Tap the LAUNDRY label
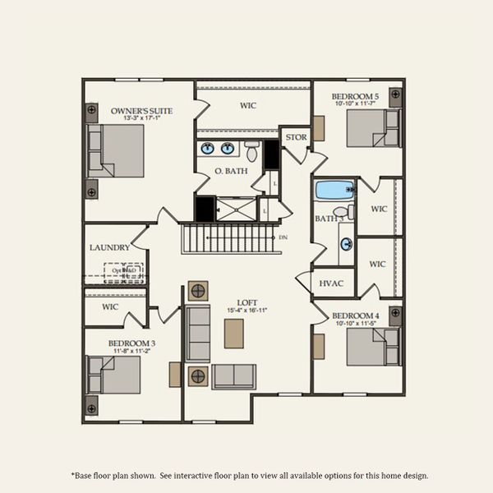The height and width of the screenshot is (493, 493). click(109, 247)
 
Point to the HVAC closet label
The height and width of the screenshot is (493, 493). click(334, 283)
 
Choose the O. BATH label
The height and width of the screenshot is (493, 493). click(231, 171)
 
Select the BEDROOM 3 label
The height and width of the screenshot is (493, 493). click(131, 343)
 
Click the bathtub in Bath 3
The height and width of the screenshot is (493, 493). click(334, 190)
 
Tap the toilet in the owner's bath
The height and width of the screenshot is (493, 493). click(252, 150)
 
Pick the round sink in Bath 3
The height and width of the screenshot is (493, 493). click(347, 244)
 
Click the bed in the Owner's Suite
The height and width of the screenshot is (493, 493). click(117, 151)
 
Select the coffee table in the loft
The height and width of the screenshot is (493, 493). click(234, 333)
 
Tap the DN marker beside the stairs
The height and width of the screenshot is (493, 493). click(283, 237)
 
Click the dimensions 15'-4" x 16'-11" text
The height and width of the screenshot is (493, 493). click(247, 311)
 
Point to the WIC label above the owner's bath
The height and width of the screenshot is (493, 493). click(249, 106)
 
